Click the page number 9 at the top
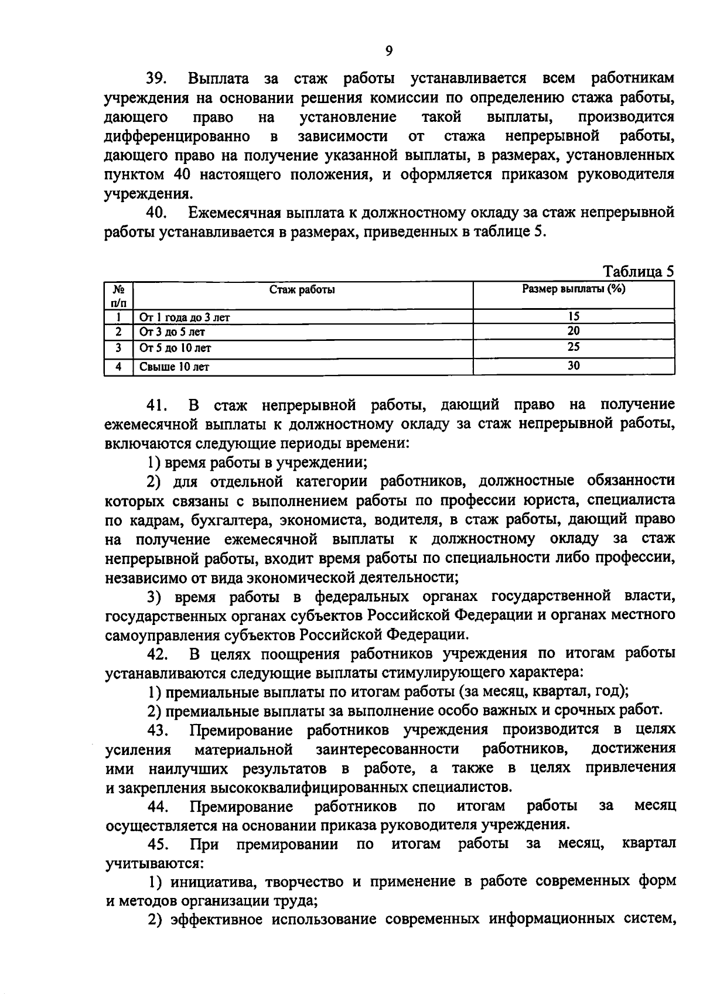coord(389,51)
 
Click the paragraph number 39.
coord(157,78)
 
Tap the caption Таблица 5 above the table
coord(639,272)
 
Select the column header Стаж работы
coord(302,289)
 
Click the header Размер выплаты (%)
coord(574,288)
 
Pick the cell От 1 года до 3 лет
coord(185,317)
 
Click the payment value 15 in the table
coord(574,316)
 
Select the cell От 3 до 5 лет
coord(172,332)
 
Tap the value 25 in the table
coord(574,347)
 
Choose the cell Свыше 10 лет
coord(175,367)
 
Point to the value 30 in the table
coord(574,366)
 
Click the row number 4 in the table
coord(119,367)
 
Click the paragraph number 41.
coord(157,405)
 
